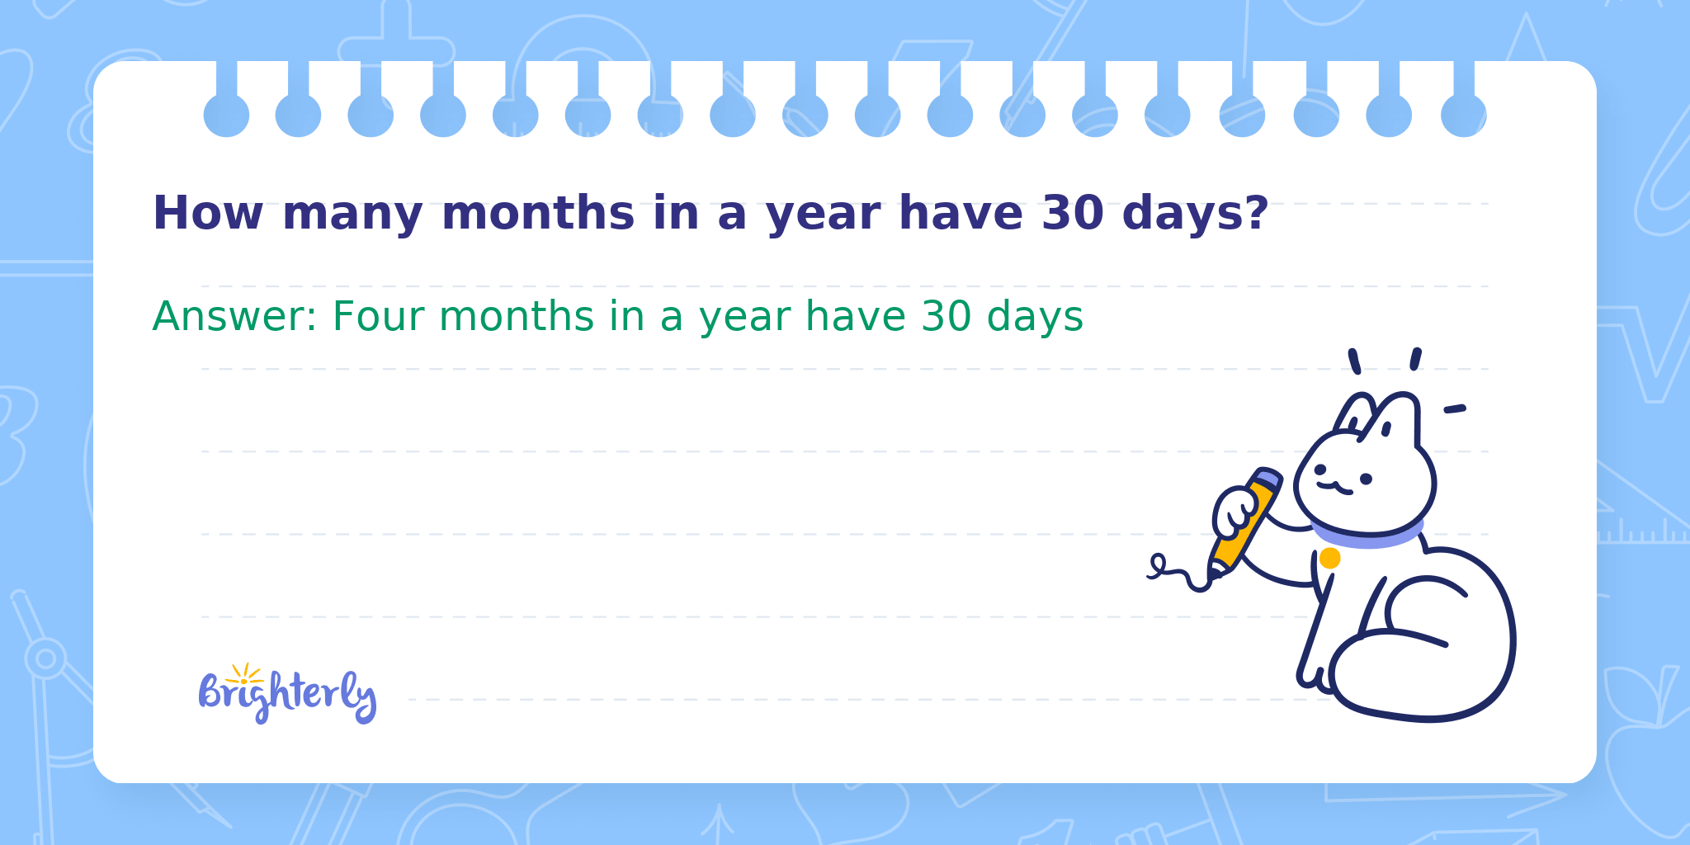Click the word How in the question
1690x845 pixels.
point(208,213)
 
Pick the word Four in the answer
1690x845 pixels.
point(379,317)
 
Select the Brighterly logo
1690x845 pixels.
point(287,693)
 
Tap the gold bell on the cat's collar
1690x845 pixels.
point(1329,559)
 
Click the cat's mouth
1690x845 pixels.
point(1334,488)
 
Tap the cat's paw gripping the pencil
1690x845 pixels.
point(1235,512)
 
